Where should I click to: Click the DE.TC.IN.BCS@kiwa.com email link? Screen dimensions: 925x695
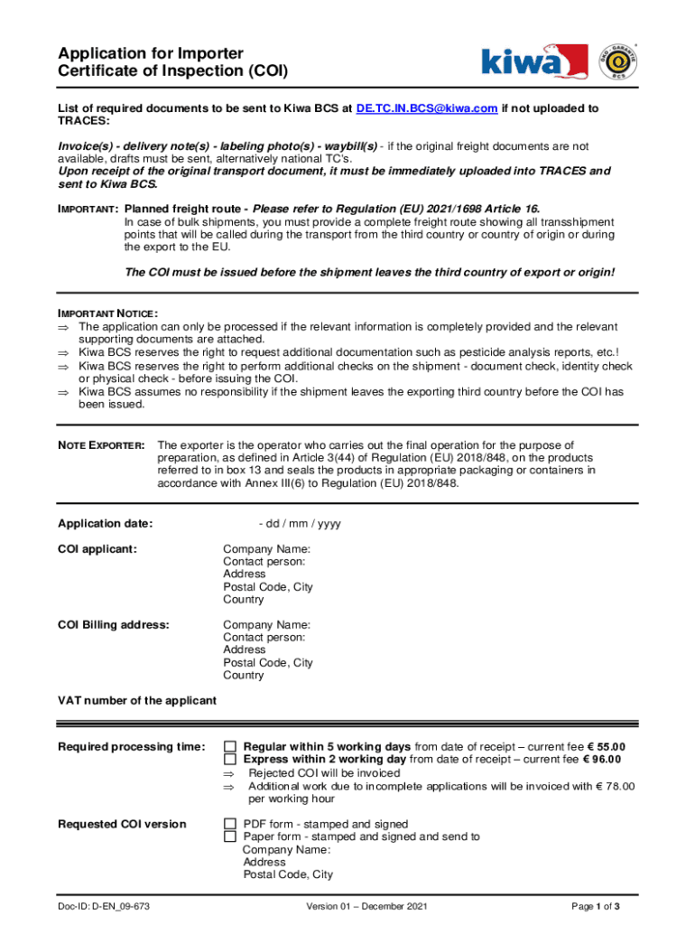427,108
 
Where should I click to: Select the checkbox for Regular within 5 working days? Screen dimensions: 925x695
230,747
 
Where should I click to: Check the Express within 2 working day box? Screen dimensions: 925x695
230,760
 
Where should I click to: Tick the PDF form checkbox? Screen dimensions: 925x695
230,824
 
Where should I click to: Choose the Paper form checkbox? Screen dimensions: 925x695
230,836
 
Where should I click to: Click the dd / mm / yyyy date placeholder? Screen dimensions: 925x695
300,524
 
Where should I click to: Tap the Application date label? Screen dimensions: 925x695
106,524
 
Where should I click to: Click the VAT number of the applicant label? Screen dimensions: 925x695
137,700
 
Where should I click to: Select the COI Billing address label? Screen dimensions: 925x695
114,624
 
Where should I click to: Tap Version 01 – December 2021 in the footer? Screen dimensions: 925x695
366,906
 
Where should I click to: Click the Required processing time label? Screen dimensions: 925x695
132,747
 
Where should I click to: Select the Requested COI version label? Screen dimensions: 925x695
122,824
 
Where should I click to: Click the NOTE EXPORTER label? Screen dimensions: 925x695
101,445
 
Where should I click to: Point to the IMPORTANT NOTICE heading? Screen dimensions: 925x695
107,313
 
